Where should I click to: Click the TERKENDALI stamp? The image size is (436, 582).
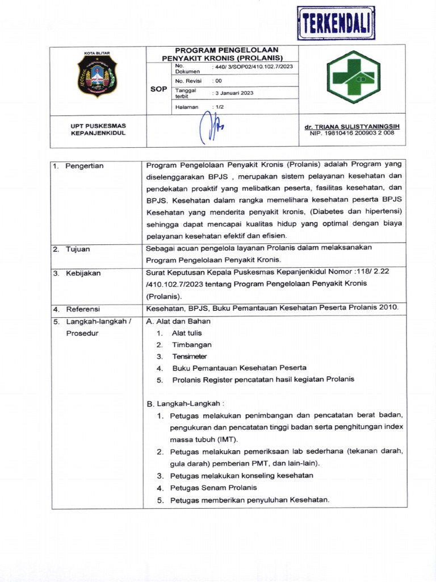(x=336, y=24)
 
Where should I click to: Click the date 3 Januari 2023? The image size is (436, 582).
(x=233, y=93)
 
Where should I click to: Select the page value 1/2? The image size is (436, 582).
(x=219, y=106)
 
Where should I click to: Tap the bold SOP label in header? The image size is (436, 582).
(x=158, y=89)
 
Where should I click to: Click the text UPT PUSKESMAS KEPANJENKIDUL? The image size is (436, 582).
(x=98, y=129)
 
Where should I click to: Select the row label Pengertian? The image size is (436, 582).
(x=84, y=166)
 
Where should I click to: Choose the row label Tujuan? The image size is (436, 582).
(x=78, y=249)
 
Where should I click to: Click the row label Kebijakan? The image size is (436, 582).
(x=83, y=273)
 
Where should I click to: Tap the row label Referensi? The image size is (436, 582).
(x=83, y=309)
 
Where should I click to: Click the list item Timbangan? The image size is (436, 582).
(x=192, y=344)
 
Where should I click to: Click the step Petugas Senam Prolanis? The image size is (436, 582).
(x=213, y=488)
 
